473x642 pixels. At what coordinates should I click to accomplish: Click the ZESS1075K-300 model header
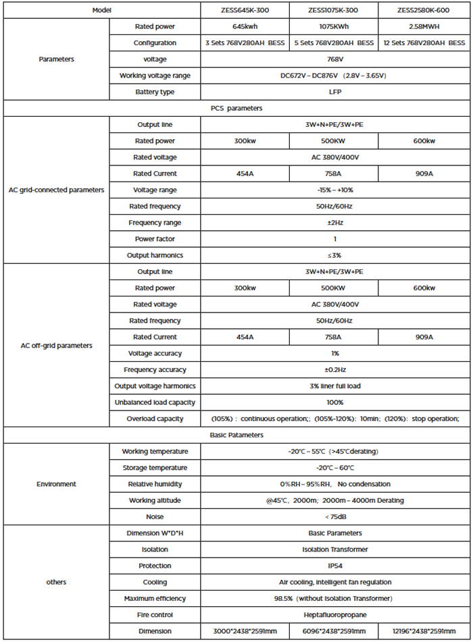click(333, 10)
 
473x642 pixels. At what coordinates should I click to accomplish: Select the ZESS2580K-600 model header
click(424, 10)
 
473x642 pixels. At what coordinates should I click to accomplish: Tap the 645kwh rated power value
click(245, 26)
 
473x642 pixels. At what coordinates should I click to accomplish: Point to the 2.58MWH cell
click(424, 26)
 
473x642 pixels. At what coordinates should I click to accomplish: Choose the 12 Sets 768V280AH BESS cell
click(424, 43)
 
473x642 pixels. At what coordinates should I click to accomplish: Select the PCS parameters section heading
click(236, 108)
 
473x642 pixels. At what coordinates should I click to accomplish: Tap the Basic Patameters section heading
click(236, 435)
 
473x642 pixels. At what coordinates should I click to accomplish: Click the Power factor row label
click(155, 239)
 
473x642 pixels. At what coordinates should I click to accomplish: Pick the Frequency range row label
click(155, 223)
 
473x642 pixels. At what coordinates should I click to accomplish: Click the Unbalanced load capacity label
click(155, 402)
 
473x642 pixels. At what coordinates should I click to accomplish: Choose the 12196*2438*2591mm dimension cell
click(424, 631)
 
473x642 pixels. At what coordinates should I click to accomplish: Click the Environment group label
click(56, 484)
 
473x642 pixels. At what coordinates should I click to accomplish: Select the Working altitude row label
click(155, 500)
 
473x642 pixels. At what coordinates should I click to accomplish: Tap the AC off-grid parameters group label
click(56, 346)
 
